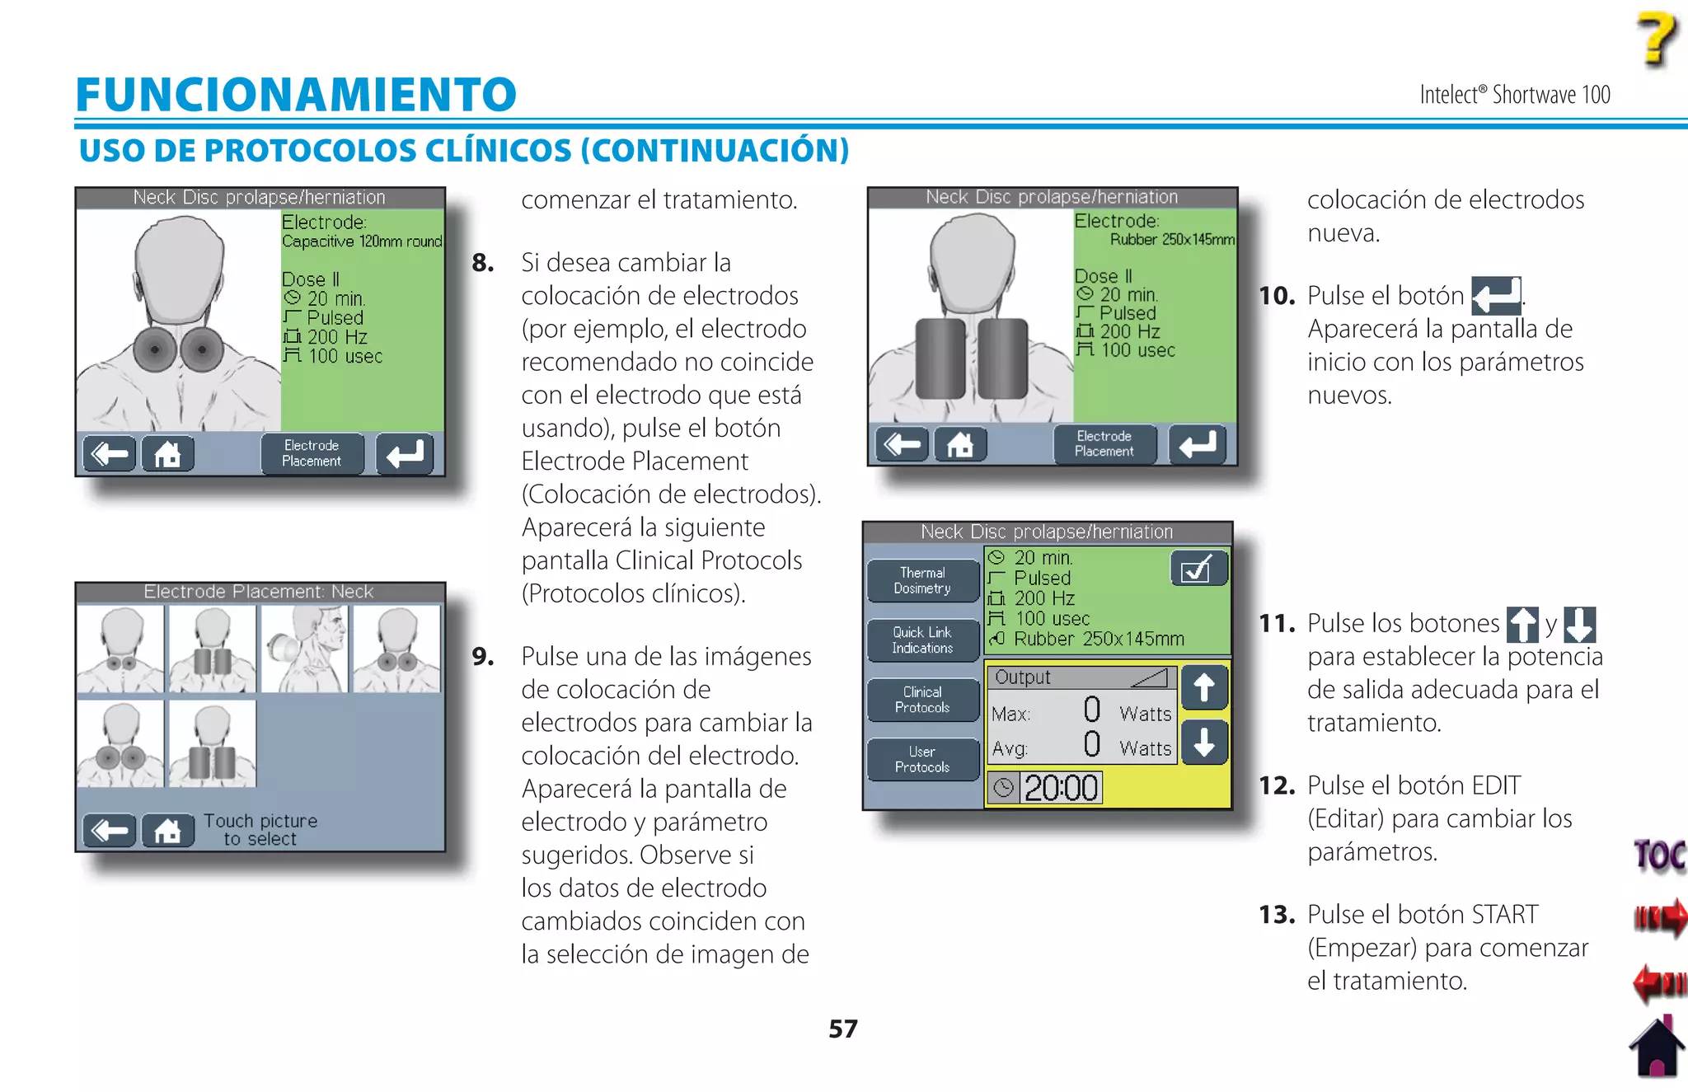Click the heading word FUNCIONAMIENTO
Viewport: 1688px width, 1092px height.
(296, 95)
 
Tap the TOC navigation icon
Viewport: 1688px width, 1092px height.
(1659, 855)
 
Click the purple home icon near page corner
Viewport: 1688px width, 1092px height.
(1656, 1047)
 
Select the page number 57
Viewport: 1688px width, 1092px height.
(842, 1029)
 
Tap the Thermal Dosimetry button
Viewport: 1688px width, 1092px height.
(922, 580)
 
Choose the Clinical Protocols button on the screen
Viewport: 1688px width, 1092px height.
(922, 700)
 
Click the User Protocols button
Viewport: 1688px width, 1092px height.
(922, 759)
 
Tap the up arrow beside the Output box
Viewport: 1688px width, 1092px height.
(1204, 687)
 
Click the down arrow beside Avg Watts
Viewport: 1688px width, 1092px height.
(1204, 743)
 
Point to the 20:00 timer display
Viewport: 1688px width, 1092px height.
(1060, 788)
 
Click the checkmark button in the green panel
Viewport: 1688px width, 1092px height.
(1198, 569)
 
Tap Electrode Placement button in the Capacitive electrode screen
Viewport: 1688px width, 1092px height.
(312, 453)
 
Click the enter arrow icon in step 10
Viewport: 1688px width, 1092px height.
(1495, 296)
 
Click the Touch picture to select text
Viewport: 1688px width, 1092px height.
(260, 830)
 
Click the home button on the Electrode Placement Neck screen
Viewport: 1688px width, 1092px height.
(167, 831)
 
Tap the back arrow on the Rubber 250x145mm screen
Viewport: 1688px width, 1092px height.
(902, 445)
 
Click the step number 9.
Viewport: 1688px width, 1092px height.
(483, 657)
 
